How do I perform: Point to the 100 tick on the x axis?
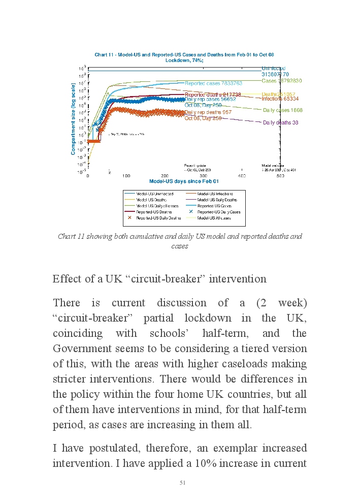[x=126, y=176]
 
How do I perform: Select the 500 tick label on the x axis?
[x=280, y=176]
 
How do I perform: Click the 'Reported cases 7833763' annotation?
[x=213, y=83]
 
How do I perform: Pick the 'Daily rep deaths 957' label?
[x=208, y=112]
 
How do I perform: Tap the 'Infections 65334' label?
[x=280, y=99]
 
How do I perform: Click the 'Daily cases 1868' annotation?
[x=283, y=110]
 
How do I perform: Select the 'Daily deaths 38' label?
[x=280, y=122]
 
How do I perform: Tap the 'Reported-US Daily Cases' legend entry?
[x=218, y=212]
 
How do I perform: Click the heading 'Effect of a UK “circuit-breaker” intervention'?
[x=159, y=279]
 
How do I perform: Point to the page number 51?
[x=182, y=483]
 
